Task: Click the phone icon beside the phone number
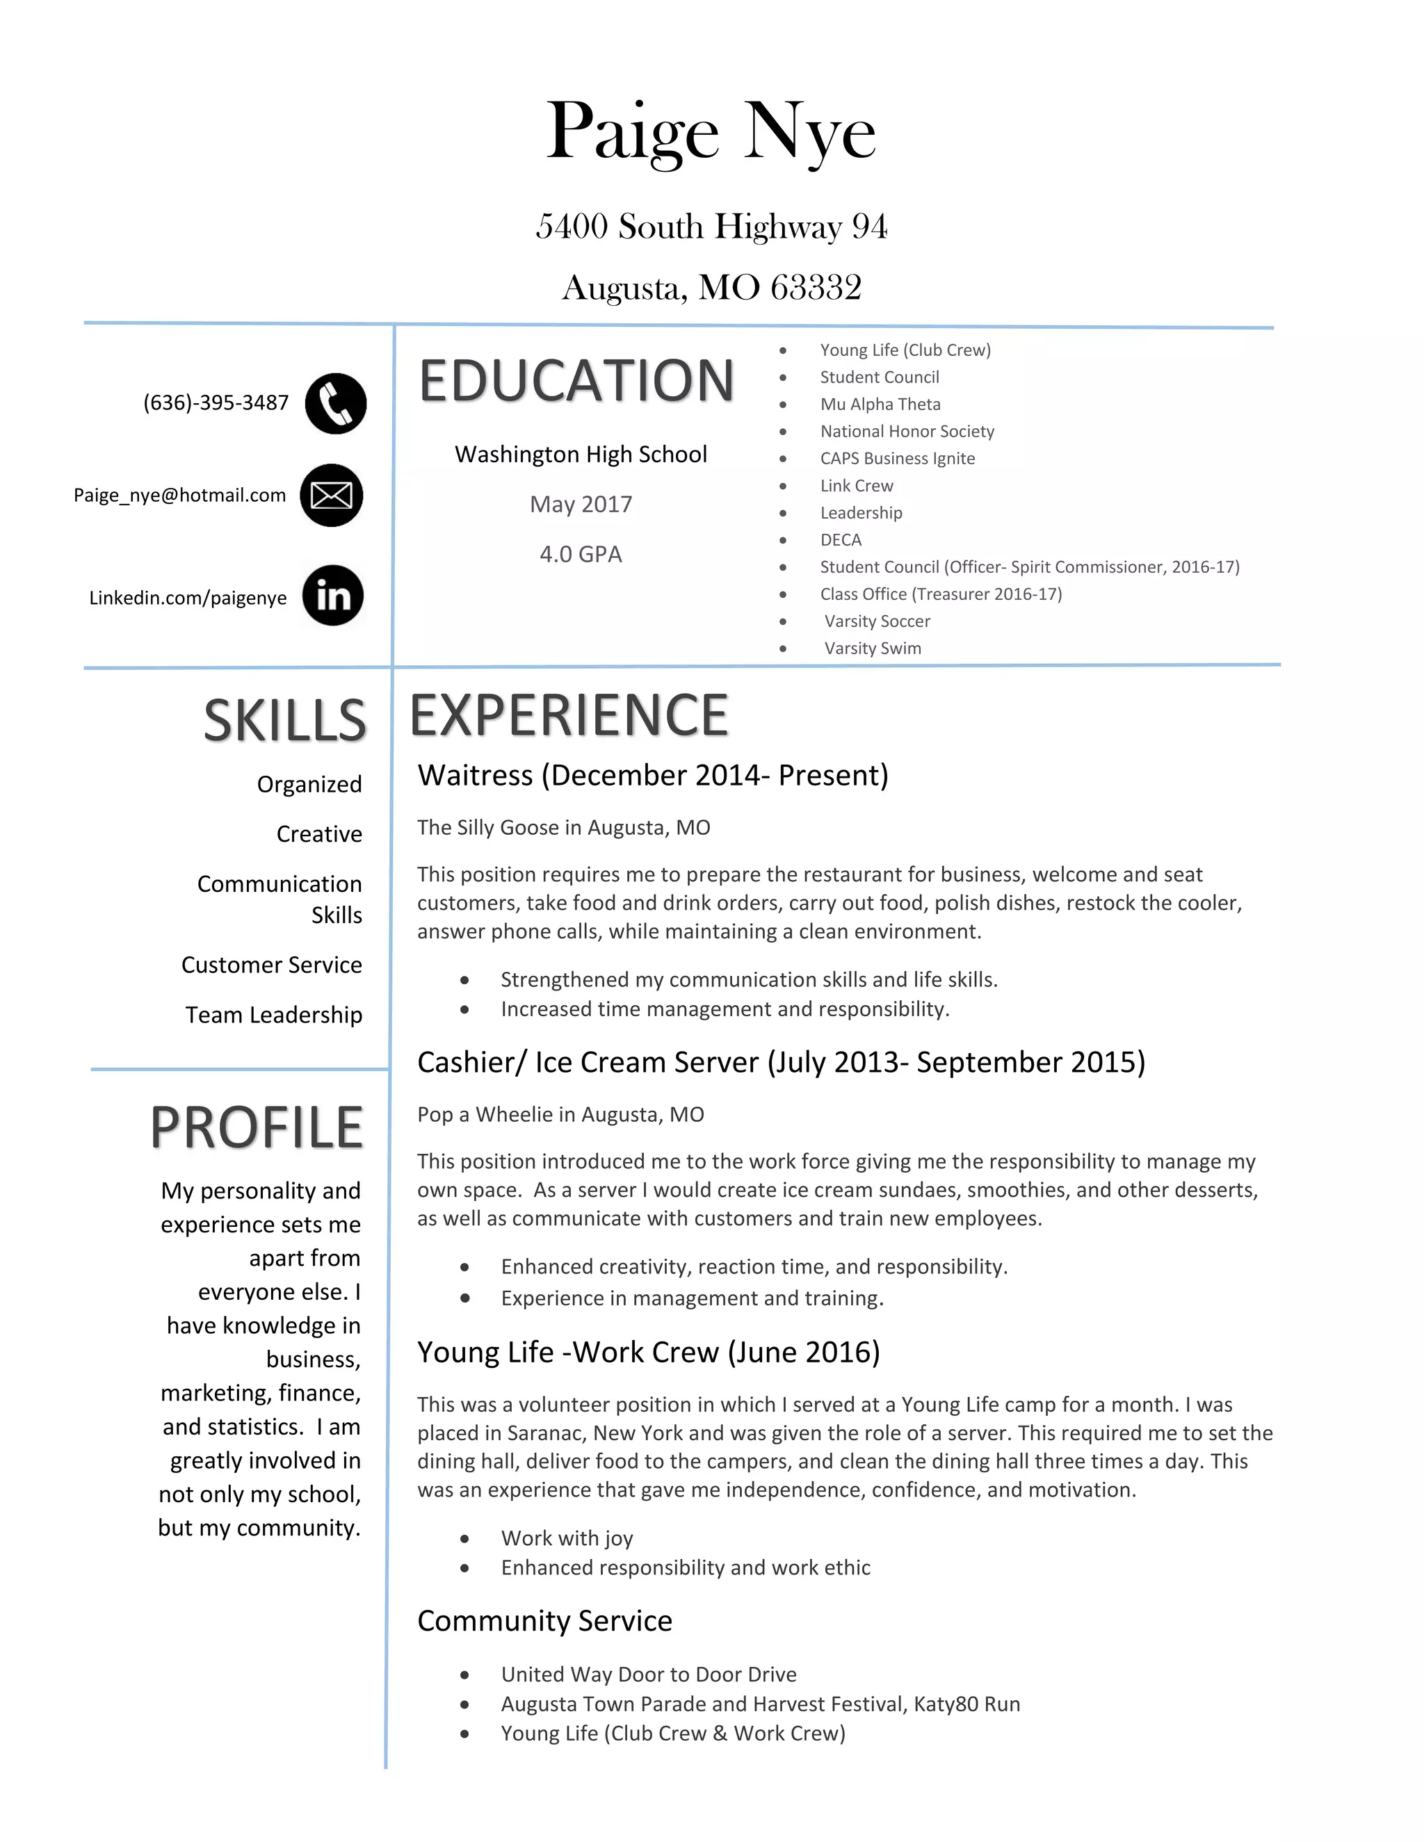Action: (x=336, y=403)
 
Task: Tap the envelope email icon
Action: (x=332, y=495)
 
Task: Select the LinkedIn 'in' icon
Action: (x=333, y=596)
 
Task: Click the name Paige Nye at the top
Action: (x=711, y=131)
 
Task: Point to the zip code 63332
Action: (x=816, y=288)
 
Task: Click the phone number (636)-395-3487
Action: (x=216, y=402)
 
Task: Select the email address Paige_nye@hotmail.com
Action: (x=179, y=495)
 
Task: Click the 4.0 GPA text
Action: (x=581, y=554)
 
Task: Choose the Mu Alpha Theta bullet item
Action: (x=880, y=404)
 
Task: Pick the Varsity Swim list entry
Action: (x=873, y=648)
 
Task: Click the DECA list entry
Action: (x=841, y=540)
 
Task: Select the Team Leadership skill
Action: (x=273, y=1015)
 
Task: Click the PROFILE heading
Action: (x=257, y=1127)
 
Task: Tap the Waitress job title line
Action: (x=653, y=775)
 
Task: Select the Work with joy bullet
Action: (x=567, y=1538)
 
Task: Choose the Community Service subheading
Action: (x=545, y=1620)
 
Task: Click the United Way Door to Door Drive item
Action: (x=649, y=1674)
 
